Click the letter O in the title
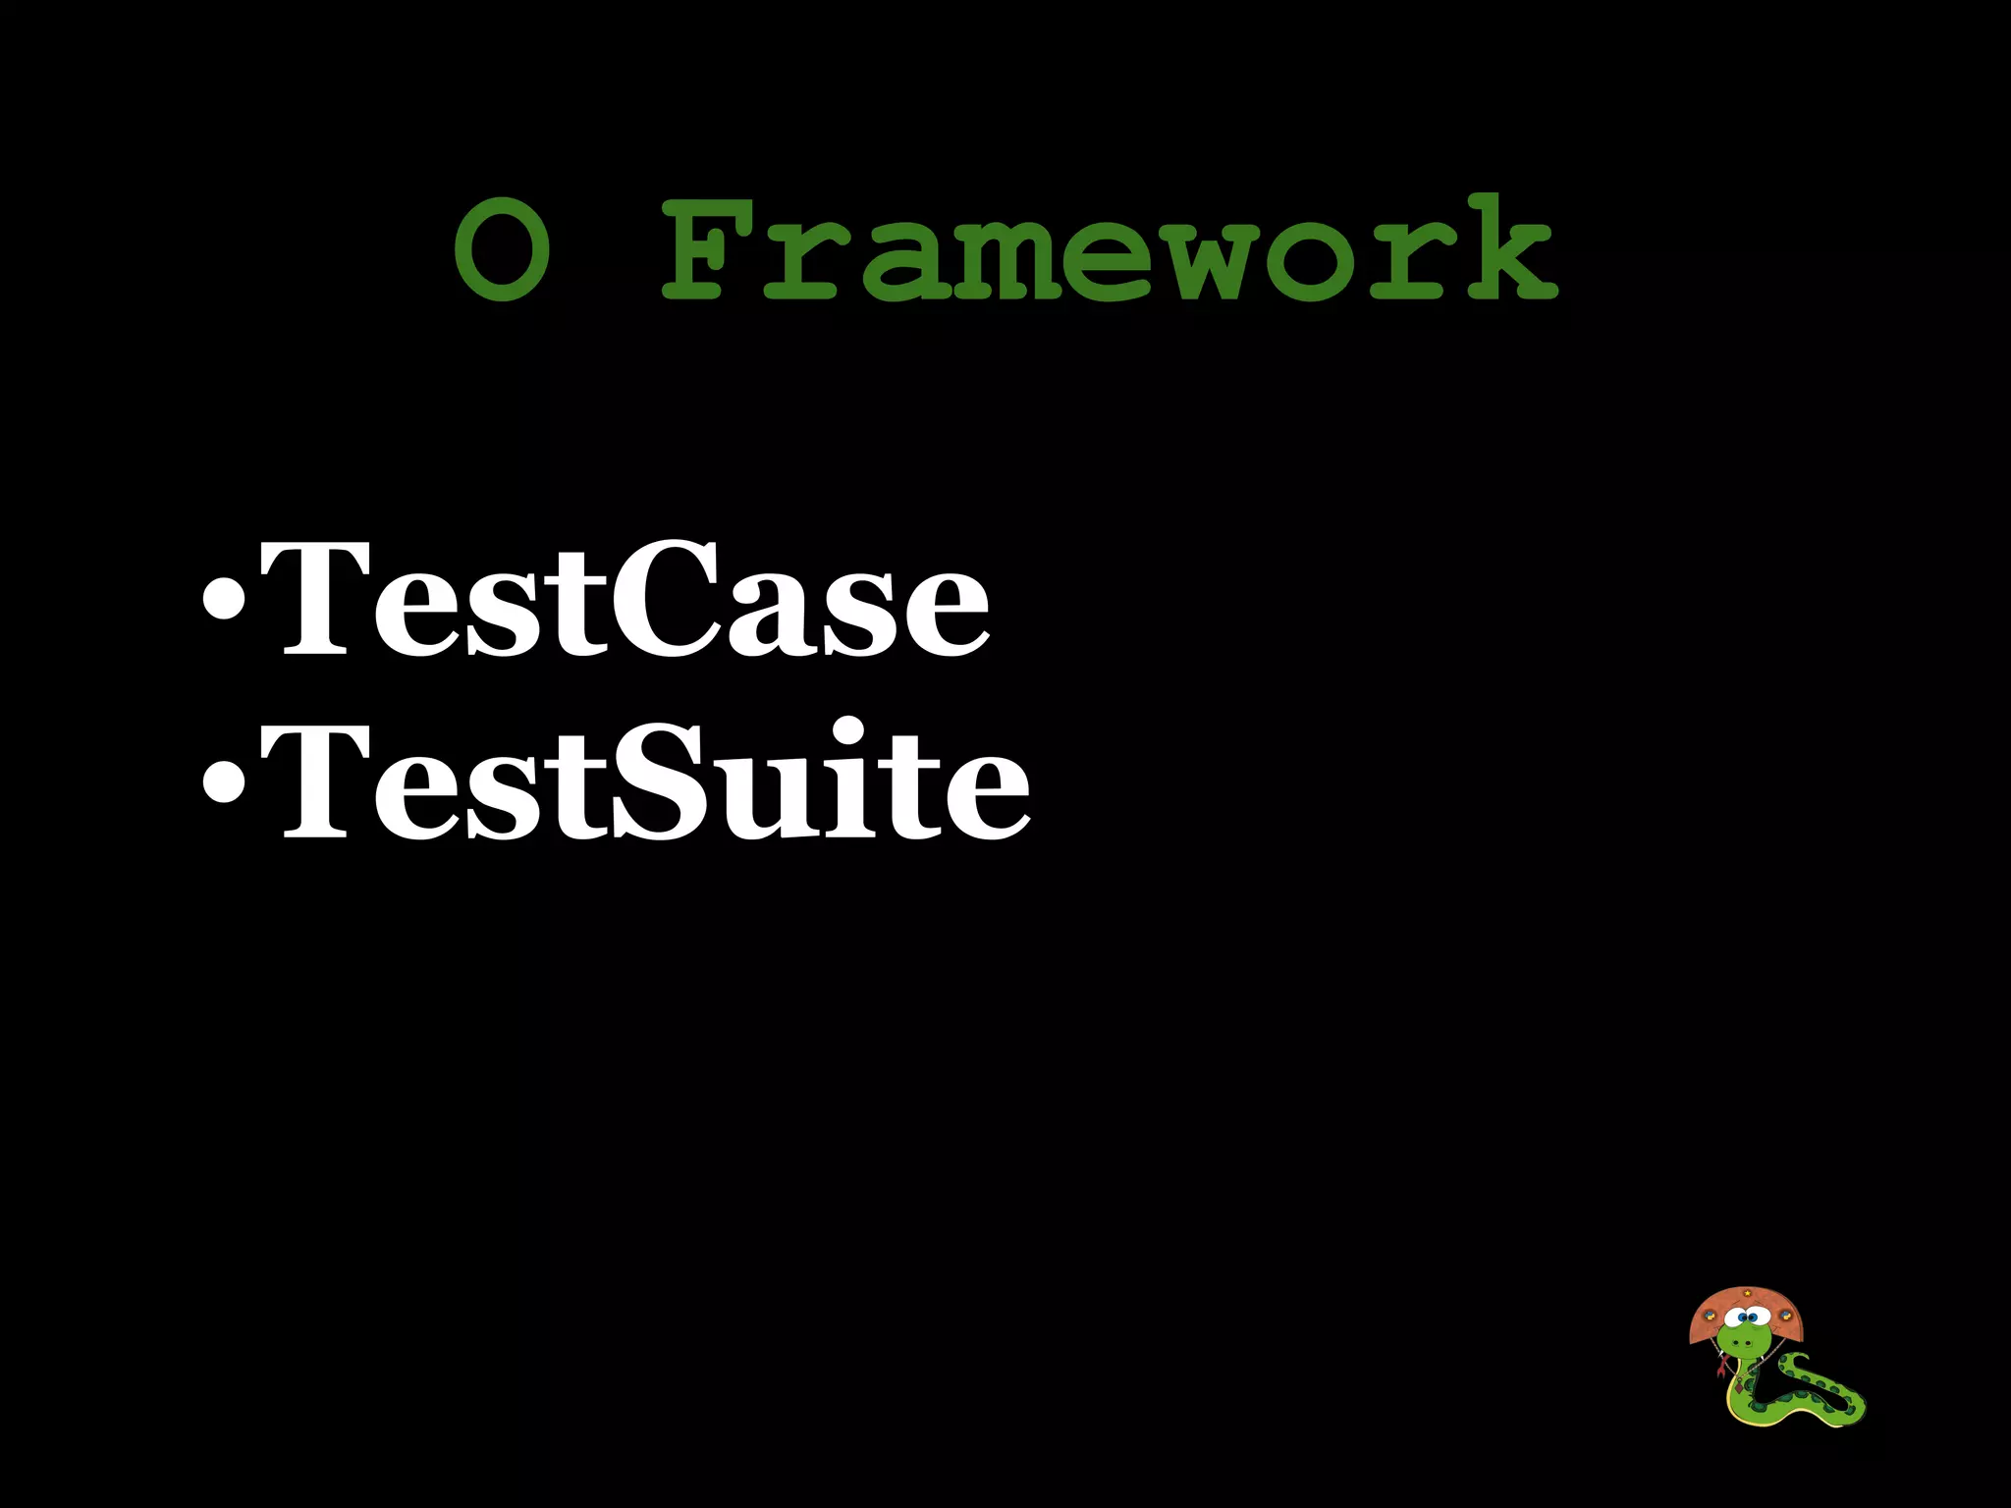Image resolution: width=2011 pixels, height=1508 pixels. (x=502, y=249)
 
